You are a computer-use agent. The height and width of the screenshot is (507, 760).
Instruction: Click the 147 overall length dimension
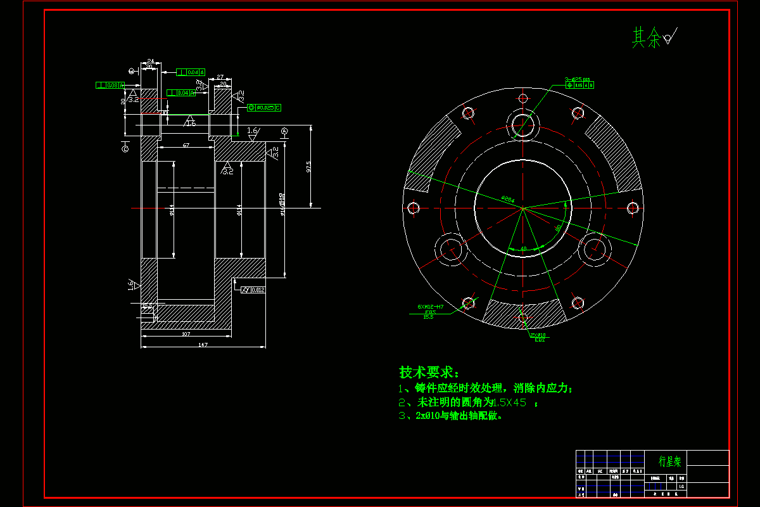(x=203, y=344)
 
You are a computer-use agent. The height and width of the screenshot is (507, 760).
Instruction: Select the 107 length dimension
(x=186, y=333)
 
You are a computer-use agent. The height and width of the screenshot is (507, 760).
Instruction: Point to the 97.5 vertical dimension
(x=308, y=167)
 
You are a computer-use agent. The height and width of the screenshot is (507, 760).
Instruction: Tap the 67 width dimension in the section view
(x=186, y=145)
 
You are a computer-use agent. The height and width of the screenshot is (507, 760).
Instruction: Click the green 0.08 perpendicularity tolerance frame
(x=110, y=85)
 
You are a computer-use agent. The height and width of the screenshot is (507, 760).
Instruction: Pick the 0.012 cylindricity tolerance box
(x=253, y=290)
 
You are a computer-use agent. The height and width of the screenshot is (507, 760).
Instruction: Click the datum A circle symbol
(x=284, y=131)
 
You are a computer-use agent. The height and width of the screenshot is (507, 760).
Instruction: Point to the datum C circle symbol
(x=125, y=148)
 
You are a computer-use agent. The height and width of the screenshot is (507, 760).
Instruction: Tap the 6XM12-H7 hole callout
(x=431, y=307)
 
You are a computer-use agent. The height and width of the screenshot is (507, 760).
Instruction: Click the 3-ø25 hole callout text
(x=577, y=79)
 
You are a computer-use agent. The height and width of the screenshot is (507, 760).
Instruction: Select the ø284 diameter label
(x=507, y=198)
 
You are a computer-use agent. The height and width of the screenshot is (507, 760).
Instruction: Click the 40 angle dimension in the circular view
(x=523, y=248)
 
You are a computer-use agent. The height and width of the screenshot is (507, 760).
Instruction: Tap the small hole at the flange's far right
(x=631, y=207)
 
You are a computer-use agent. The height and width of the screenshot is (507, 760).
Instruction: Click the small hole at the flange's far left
(x=414, y=207)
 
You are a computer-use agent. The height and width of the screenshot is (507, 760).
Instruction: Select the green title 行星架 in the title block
(x=669, y=461)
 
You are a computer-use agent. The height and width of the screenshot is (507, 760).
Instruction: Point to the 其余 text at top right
(x=646, y=38)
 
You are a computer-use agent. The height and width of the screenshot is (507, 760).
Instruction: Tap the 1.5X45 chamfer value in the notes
(x=509, y=402)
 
